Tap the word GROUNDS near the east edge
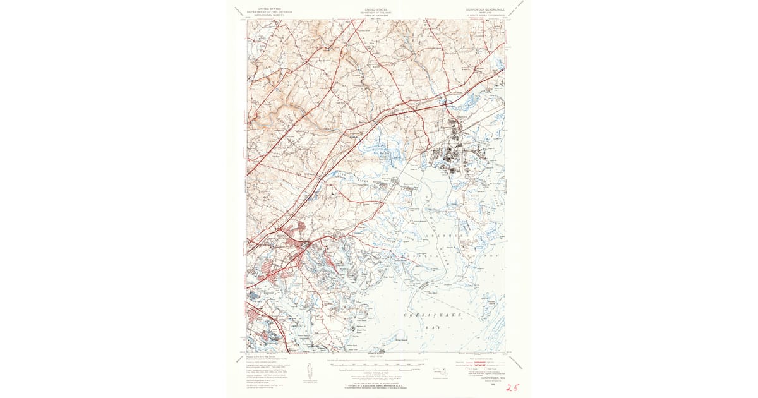488,256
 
